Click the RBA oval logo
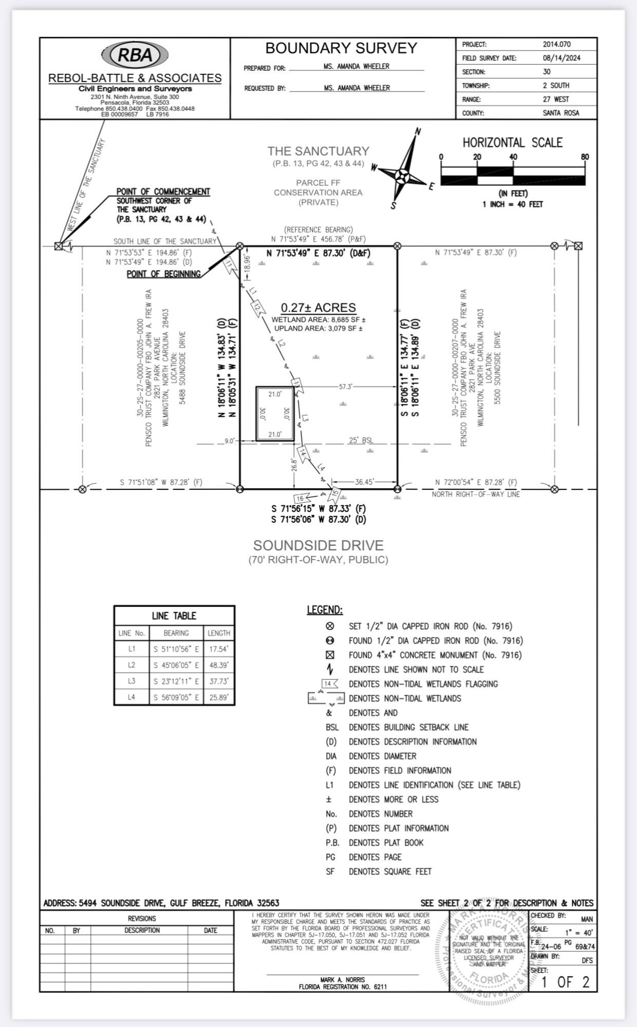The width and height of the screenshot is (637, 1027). [135, 55]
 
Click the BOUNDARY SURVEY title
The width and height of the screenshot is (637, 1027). [341, 48]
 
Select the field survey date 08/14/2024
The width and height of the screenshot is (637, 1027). [561, 58]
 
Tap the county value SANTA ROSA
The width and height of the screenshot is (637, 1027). [560, 113]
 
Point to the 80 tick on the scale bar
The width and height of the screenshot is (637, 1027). [585, 157]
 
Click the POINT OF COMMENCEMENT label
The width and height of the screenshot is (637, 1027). [163, 192]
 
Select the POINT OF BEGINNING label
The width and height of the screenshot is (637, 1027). [163, 274]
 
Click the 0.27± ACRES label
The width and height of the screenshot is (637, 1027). [318, 308]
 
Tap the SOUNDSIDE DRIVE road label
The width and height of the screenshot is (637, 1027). [318, 545]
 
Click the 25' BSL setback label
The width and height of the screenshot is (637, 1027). [361, 441]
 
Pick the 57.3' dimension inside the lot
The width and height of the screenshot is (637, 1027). [345, 387]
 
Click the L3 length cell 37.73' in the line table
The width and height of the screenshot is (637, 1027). [218, 681]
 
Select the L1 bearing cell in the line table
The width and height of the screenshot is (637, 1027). [176, 649]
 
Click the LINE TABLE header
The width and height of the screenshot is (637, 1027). [174, 616]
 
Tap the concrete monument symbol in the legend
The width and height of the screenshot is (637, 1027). [330, 655]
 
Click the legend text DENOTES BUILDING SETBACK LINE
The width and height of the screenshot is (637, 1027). [408, 727]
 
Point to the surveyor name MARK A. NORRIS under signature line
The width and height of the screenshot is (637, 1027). [342, 980]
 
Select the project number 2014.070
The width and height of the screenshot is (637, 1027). [556, 44]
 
